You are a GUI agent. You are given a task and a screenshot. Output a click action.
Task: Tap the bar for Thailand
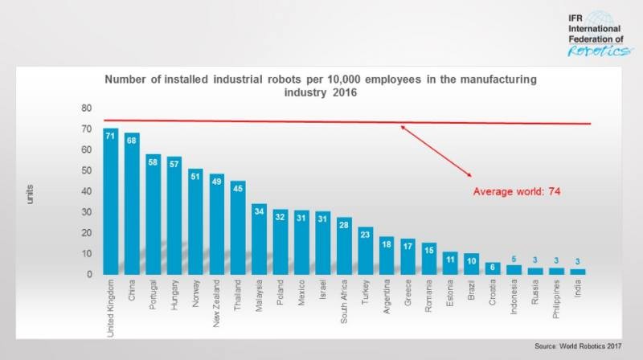238,229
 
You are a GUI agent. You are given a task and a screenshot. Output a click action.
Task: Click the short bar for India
578,272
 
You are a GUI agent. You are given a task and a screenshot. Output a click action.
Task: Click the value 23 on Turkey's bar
365,235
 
